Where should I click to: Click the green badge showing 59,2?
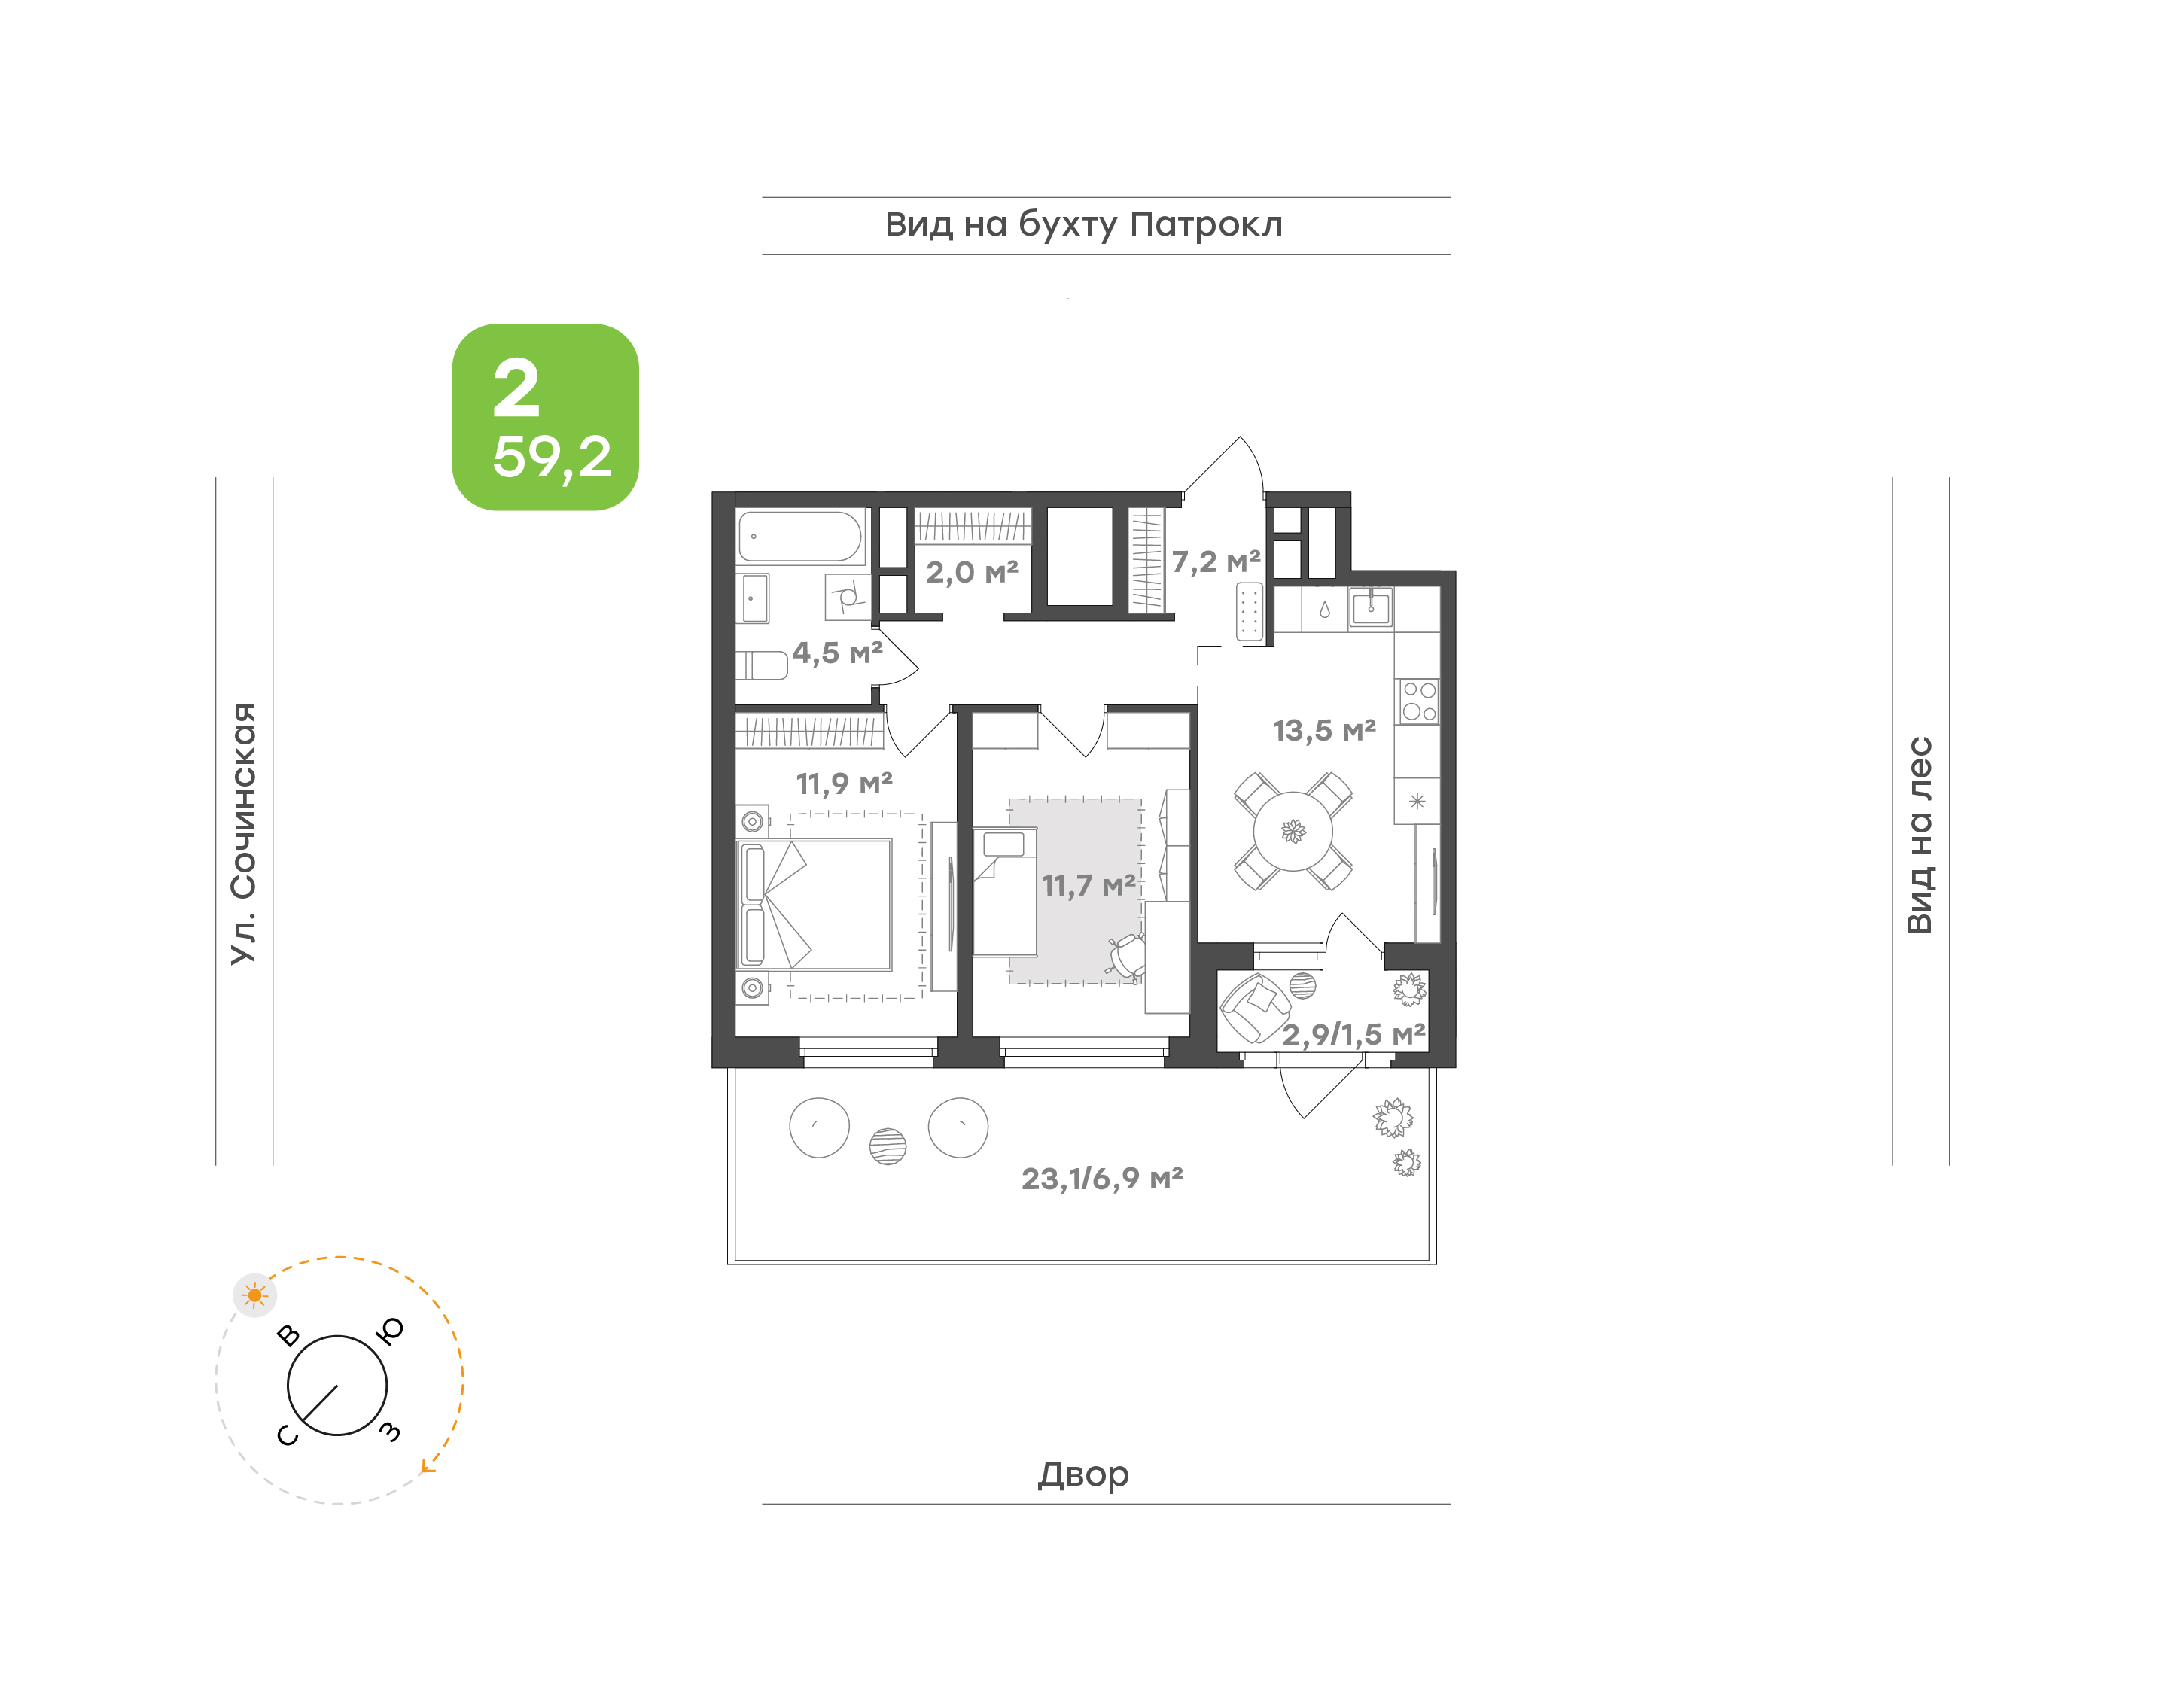click(545, 417)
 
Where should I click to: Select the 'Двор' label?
click(1083, 1475)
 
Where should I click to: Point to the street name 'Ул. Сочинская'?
click(244, 834)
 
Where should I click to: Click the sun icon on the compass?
click(255, 1295)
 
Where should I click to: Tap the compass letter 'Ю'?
click(391, 1331)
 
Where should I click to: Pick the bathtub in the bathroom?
click(799, 537)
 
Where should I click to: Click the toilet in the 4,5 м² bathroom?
click(762, 665)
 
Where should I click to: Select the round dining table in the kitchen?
click(1293, 831)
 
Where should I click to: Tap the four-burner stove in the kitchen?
click(1418, 700)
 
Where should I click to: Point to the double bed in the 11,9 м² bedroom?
click(815, 904)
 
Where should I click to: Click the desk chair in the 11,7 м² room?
click(1125, 955)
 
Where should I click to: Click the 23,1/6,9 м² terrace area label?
click(1102, 1179)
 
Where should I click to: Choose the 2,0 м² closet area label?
click(972, 573)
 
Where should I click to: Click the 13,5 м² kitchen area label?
click(1324, 731)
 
